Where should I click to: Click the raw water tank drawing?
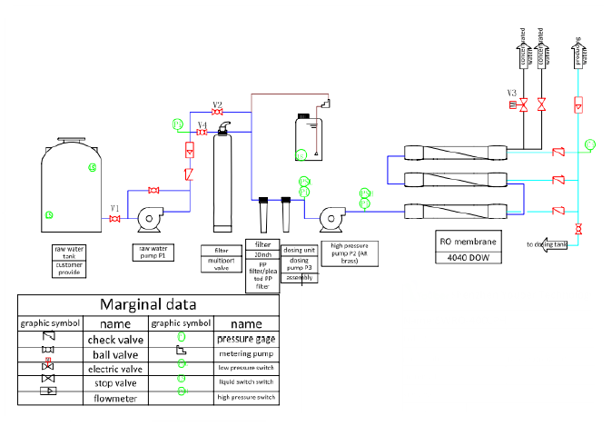71,185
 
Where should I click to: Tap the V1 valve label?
115,208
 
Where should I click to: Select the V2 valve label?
217,104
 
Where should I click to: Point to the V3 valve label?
512,93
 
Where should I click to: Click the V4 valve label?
202,124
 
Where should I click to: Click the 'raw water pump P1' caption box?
154,251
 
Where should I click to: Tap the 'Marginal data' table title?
148,304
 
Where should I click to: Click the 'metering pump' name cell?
246,352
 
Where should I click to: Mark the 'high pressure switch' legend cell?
246,398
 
